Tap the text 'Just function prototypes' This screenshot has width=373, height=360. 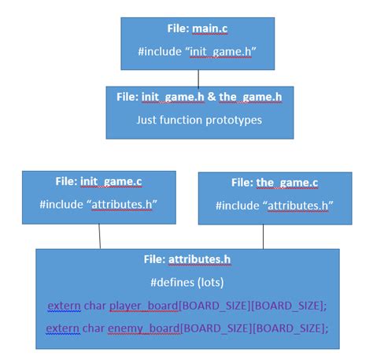199,120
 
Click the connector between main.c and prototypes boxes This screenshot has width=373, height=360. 198,78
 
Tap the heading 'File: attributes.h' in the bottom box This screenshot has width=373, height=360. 188,260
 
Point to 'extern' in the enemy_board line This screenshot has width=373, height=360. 62,328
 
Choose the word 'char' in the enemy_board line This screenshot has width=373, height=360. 94,328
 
